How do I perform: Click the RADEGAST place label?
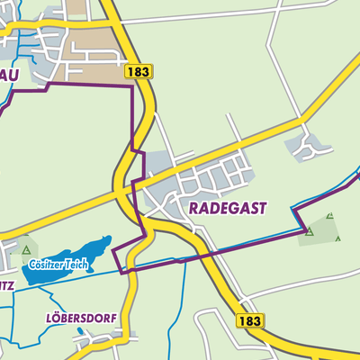tap(229, 207)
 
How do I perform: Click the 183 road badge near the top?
tap(139, 71)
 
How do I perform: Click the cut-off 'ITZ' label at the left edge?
tap(7, 285)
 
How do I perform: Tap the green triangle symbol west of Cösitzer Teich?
tap(26, 250)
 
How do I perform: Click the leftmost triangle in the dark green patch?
tap(309, 232)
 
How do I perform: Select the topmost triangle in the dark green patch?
tap(329, 216)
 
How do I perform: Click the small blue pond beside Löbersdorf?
tap(81, 331)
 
